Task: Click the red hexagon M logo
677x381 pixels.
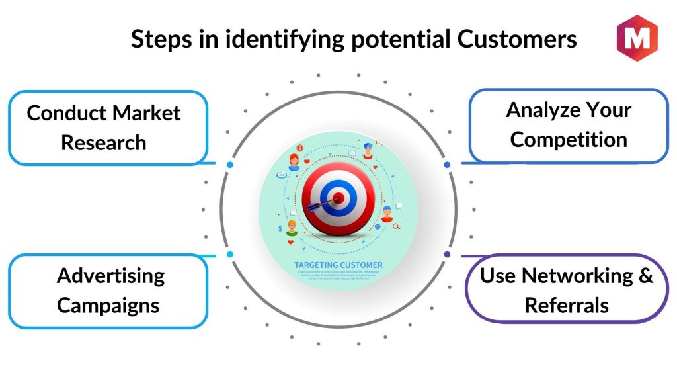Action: point(637,38)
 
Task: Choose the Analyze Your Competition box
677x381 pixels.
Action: point(569,125)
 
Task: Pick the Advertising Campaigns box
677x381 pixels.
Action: point(109,290)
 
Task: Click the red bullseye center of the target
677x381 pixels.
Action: point(338,197)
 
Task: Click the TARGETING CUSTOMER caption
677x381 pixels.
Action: point(338,265)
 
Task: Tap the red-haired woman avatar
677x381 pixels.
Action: point(294,159)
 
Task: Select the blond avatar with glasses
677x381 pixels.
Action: point(292,229)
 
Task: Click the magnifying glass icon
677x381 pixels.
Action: point(397,227)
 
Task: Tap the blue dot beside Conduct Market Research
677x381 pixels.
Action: point(229,164)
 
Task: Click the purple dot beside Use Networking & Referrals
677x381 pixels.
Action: point(447,253)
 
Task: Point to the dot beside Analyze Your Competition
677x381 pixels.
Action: point(447,164)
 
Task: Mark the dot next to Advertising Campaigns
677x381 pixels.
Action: point(229,254)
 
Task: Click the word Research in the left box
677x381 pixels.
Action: point(104,142)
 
